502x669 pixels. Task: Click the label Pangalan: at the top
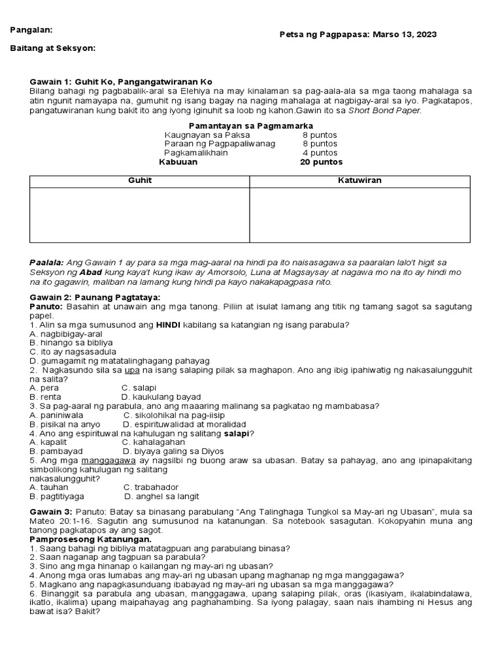(x=31, y=30)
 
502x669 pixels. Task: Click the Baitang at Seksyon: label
(x=53, y=48)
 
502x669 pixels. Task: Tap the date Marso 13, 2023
(x=405, y=35)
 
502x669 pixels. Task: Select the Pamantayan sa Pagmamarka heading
(x=250, y=125)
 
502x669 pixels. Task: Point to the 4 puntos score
(x=319, y=153)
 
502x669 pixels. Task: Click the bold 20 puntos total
(x=321, y=162)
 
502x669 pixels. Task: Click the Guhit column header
(x=140, y=181)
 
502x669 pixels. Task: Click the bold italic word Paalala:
(x=47, y=262)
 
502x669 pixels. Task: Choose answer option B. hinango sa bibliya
(x=71, y=342)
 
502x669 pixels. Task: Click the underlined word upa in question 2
(x=133, y=370)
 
